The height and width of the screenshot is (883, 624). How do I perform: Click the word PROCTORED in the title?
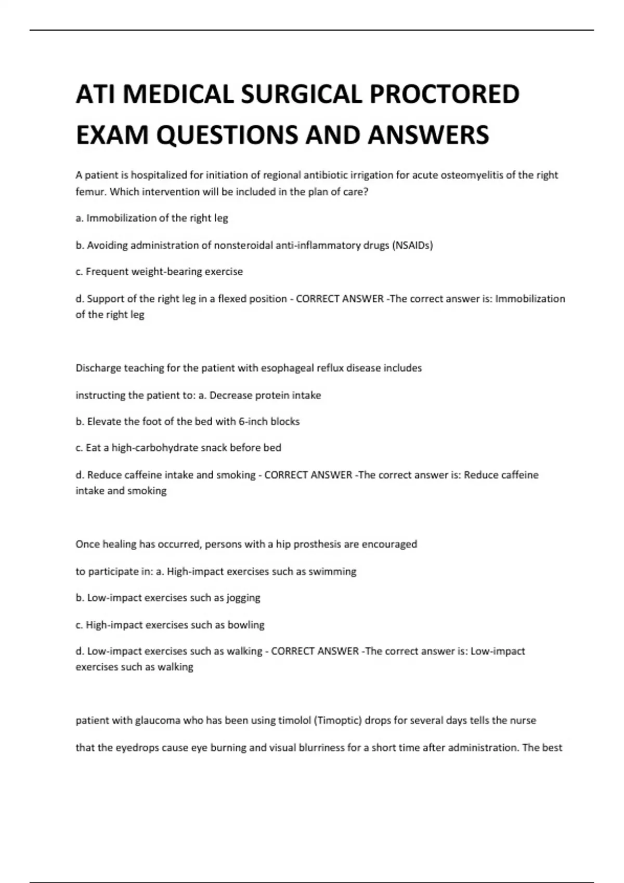(444, 95)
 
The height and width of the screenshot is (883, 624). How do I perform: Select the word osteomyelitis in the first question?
(472, 175)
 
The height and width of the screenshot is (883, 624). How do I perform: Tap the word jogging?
(243, 598)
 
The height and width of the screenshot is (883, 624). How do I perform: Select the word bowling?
(246, 625)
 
